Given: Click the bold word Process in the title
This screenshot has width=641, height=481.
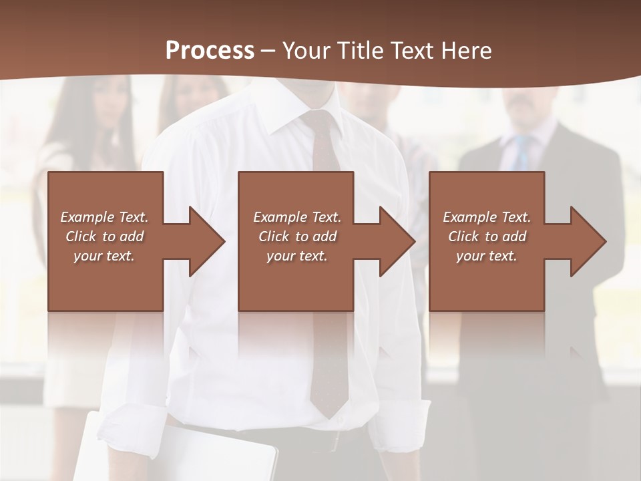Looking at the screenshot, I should tap(210, 51).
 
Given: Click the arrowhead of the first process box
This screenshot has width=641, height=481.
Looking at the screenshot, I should tap(207, 241).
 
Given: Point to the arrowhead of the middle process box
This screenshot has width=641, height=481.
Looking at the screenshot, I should tap(397, 241).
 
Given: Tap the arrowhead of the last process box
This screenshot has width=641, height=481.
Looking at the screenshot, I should tap(588, 241).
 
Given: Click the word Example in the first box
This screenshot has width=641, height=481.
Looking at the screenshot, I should tap(87, 217).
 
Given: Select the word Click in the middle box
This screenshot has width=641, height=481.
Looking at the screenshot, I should tap(273, 236).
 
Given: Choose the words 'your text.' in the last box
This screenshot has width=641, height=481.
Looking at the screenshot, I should tap(486, 256).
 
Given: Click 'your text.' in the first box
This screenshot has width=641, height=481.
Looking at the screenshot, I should tap(103, 256).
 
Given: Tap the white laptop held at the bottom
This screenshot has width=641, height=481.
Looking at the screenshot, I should tap(180, 454).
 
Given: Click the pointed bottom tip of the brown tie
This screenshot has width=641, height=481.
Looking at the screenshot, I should tap(328, 414).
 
